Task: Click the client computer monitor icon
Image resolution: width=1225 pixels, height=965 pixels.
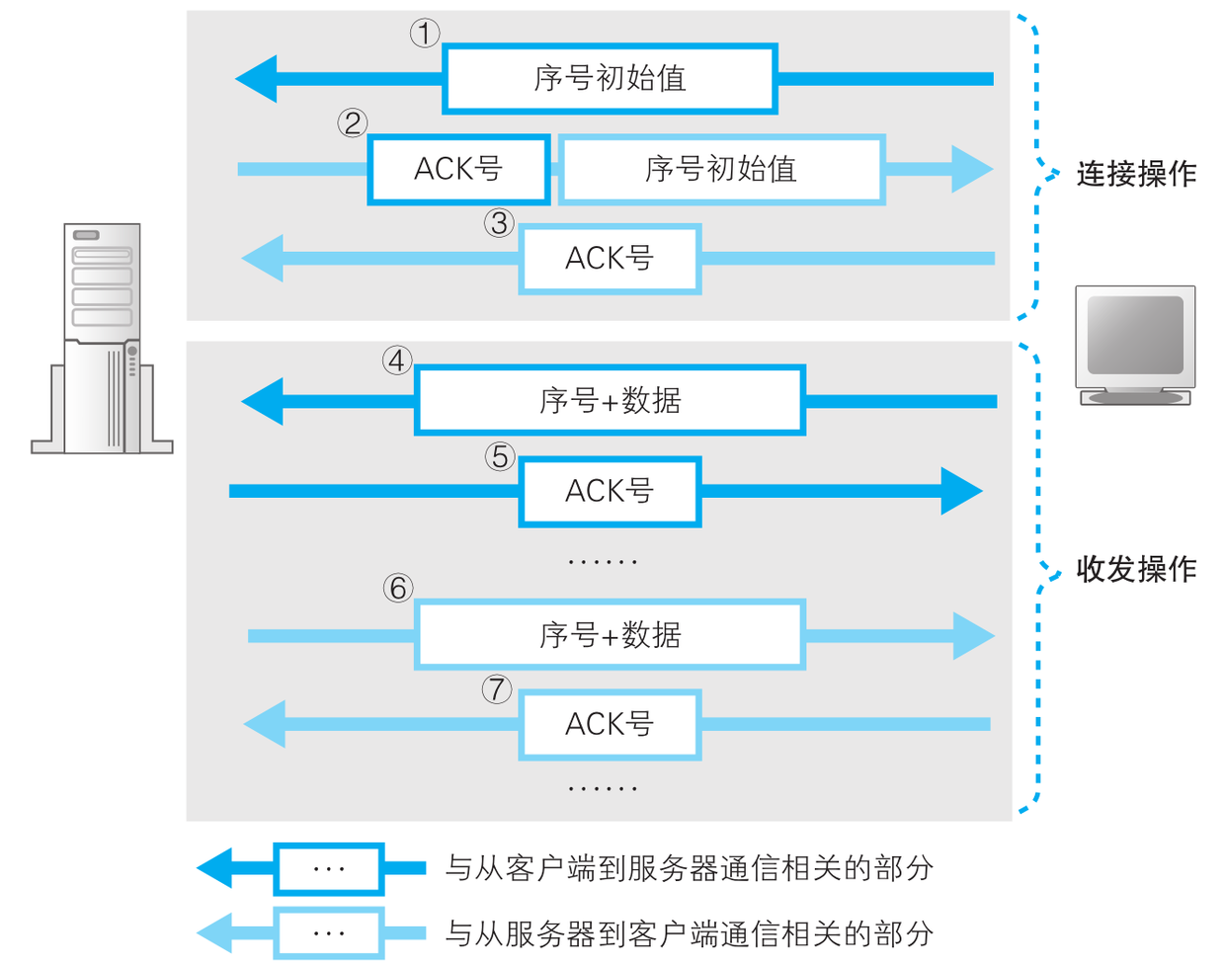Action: (1135, 345)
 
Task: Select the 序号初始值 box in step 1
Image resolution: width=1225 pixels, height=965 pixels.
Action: (610, 78)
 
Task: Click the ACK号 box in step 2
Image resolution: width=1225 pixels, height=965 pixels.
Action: (458, 169)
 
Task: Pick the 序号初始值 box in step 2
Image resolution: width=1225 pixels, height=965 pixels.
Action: (721, 169)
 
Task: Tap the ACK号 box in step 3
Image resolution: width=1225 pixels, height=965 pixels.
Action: (610, 259)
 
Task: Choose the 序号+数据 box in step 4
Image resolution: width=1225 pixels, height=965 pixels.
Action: (610, 400)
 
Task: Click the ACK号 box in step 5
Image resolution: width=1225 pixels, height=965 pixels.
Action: (610, 491)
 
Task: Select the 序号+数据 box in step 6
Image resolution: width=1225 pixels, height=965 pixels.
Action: (610, 635)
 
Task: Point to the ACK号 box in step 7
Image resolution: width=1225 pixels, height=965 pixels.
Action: (610, 725)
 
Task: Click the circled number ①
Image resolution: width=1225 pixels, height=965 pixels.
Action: (425, 34)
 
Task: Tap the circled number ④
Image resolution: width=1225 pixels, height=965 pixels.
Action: (397, 361)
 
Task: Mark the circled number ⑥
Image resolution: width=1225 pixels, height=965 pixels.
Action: (397, 589)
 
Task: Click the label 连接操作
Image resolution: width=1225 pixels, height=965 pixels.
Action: (1136, 175)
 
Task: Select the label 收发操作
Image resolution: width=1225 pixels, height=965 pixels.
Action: (1136, 570)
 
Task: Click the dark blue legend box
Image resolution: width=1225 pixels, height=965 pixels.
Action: (328, 869)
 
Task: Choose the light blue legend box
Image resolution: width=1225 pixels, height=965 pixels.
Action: (328, 932)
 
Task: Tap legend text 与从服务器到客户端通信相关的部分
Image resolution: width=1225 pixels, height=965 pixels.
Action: (689, 932)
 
